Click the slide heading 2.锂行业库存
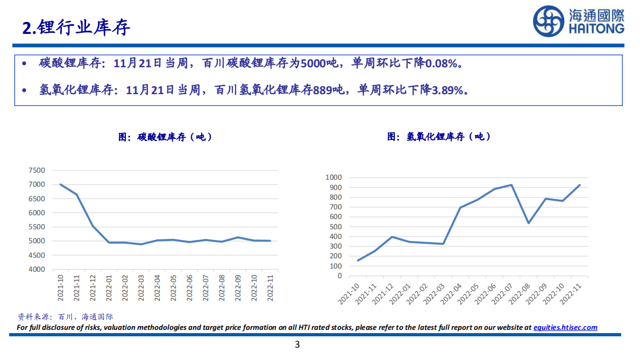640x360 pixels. (76, 28)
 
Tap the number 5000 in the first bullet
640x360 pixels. (312, 63)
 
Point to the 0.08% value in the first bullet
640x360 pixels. (443, 63)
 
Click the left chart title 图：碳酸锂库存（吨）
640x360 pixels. (166, 137)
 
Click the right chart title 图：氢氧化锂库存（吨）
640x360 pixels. (439, 137)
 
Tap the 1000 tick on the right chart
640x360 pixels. (334, 178)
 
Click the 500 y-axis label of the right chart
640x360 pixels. (336, 227)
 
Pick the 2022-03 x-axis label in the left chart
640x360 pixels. (141, 287)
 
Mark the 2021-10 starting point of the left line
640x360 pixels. (60, 185)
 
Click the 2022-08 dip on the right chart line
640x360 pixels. (528, 223)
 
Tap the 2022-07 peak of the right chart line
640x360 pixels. (511, 185)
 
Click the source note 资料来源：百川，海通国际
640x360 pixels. (66, 317)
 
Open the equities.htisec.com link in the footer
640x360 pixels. (565, 327)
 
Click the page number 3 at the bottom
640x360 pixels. (297, 345)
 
